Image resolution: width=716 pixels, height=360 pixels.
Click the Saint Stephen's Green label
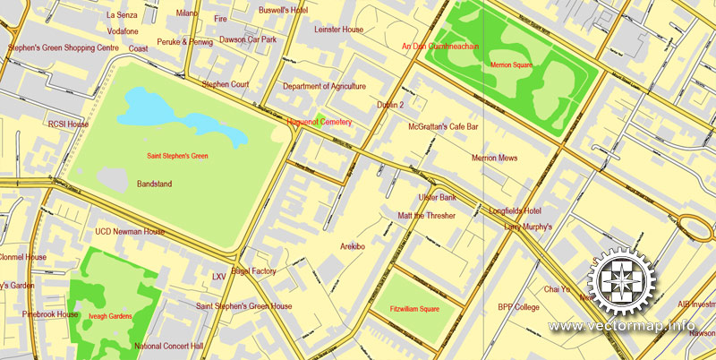(177, 157)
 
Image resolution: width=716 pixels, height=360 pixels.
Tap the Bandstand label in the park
(154, 184)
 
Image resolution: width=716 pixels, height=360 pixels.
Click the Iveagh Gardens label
(112, 316)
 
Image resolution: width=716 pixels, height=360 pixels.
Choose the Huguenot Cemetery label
(319, 121)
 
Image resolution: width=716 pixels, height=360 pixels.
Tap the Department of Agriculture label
(324, 87)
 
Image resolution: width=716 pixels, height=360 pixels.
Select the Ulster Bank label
(438, 197)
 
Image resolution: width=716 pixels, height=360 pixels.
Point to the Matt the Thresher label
(426, 216)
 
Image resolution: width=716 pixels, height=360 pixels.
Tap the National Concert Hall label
(168, 346)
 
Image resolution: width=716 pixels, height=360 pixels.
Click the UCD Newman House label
(130, 232)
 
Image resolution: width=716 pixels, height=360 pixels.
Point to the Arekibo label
(352, 245)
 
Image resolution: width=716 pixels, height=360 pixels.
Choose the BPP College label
(519, 307)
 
